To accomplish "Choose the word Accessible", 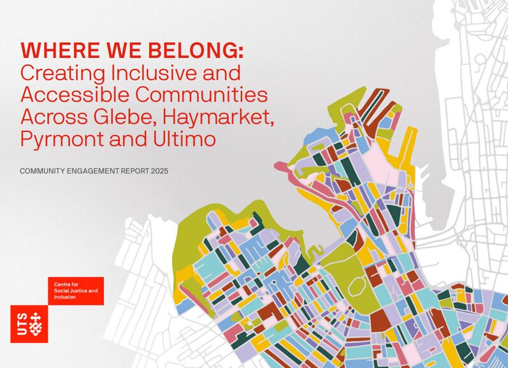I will pos(73,95).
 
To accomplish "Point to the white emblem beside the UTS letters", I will pos(38,325).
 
